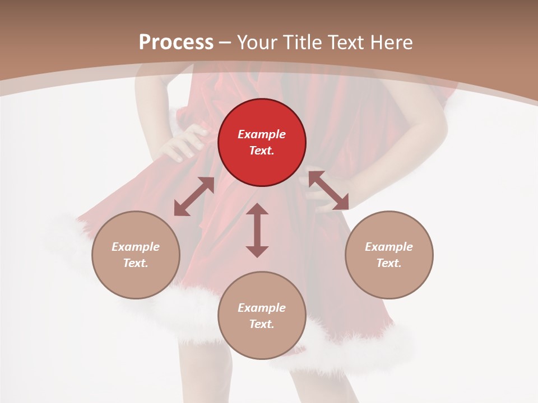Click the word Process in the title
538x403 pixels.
(176, 43)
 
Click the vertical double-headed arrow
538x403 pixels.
(257, 230)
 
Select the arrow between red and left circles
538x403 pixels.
(194, 196)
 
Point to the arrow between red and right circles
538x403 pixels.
(328, 191)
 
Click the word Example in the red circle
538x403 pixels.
(262, 134)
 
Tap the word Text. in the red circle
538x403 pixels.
(262, 151)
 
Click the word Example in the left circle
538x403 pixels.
(136, 247)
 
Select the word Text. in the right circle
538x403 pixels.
(389, 263)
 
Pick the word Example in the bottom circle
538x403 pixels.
(262, 308)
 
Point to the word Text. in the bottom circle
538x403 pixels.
(262, 324)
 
